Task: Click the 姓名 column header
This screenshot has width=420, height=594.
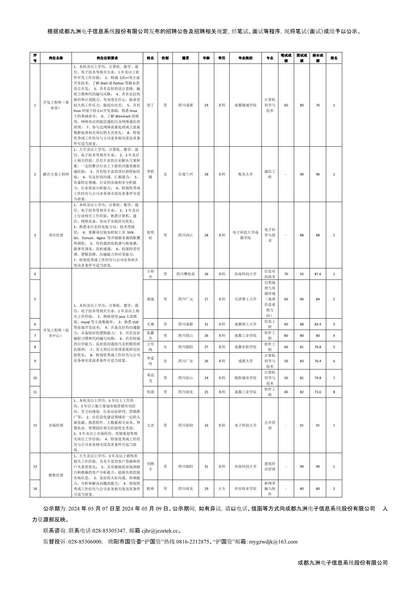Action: [150, 58]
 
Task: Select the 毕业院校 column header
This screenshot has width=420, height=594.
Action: [245, 58]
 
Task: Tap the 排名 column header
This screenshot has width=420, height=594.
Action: [334, 58]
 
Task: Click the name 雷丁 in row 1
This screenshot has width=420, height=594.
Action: [150, 105]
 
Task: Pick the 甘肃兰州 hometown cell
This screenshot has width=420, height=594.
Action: [186, 174]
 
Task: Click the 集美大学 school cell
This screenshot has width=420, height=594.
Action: [245, 174]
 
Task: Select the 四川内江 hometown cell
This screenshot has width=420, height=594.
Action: [186, 235]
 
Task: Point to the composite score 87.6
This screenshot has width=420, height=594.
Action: [317, 274]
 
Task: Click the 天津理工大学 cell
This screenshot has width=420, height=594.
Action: [245, 299]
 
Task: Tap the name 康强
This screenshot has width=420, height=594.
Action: [150, 299]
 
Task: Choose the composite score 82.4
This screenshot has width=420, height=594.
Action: [317, 324]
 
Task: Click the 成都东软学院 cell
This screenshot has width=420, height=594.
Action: [245, 347]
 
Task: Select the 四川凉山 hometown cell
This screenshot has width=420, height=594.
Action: [186, 378]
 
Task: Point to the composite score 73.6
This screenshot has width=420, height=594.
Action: [317, 392]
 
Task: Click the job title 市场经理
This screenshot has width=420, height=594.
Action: [56, 425]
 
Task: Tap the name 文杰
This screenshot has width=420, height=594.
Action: [150, 425]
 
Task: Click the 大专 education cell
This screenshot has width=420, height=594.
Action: [221, 489]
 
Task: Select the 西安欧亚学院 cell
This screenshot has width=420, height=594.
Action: [245, 489]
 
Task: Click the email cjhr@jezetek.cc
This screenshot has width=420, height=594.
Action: [161, 531]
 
